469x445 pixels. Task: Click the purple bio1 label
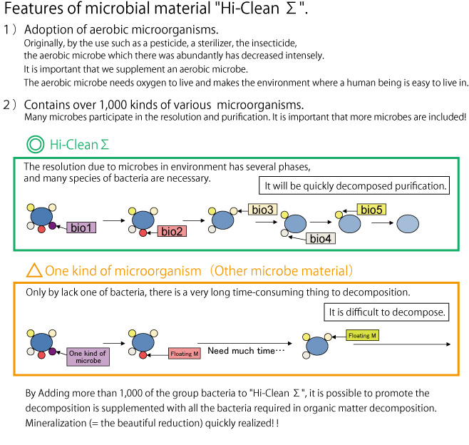(x=81, y=227)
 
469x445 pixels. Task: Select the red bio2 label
(x=172, y=231)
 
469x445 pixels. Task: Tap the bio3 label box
(x=262, y=210)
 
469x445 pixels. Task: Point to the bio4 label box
(x=320, y=238)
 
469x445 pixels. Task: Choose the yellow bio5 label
(x=371, y=210)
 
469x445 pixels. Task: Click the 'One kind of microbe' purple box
(x=88, y=357)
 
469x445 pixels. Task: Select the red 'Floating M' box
(x=184, y=354)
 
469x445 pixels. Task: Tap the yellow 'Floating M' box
(x=362, y=335)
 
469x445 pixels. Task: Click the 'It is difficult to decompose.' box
(x=386, y=312)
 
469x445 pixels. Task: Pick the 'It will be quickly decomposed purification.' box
(x=354, y=185)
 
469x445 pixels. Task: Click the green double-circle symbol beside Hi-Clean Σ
(x=36, y=144)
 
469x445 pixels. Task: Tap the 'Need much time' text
(x=246, y=350)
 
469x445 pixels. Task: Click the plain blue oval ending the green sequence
(x=408, y=223)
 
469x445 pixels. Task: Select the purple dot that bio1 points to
(x=52, y=225)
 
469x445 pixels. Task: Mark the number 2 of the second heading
(x=6, y=105)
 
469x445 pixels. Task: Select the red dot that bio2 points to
(x=143, y=232)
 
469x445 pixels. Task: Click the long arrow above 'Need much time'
(x=244, y=343)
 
